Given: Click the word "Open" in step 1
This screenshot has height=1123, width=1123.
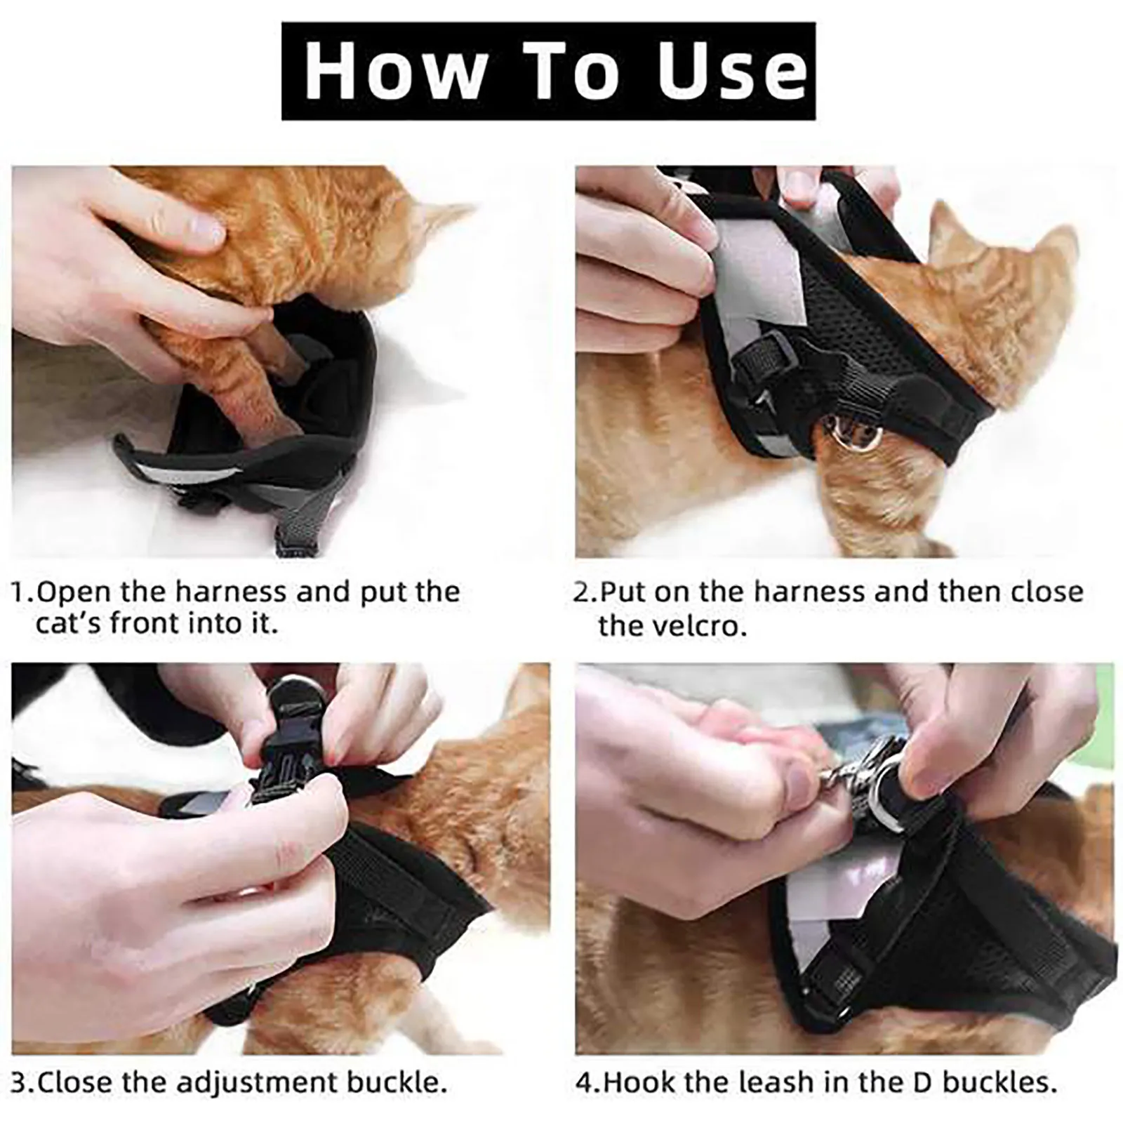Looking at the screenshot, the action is tap(75, 593).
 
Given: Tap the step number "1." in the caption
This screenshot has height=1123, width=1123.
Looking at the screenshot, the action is tap(22, 593).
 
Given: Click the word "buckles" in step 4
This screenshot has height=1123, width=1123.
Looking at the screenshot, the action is tap(999, 1082).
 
